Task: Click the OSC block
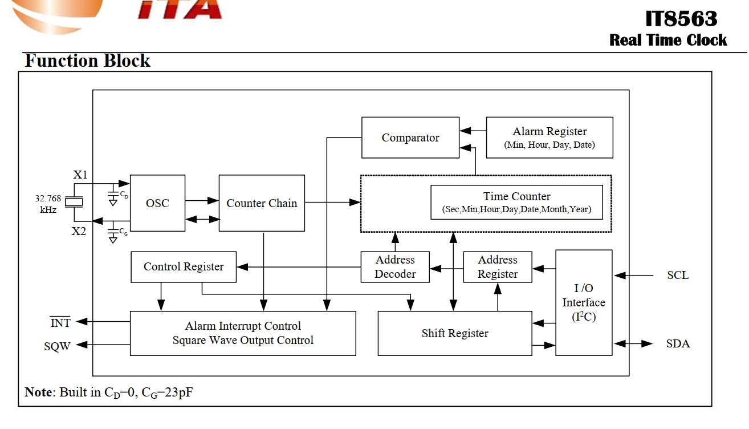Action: pyautogui.click(x=157, y=203)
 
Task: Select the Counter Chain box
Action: pyautogui.click(x=262, y=203)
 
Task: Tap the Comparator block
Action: pyautogui.click(x=410, y=137)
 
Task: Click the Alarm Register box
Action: pyautogui.click(x=549, y=137)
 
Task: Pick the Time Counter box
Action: pyautogui.click(x=516, y=202)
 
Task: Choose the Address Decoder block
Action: pyautogui.click(x=395, y=267)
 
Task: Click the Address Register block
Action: pyautogui.click(x=498, y=267)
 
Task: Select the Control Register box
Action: pyautogui.click(x=184, y=267)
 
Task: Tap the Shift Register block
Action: pyautogui.click(x=455, y=333)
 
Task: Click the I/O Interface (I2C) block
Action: pyautogui.click(x=584, y=302)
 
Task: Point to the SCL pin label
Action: pyautogui.click(x=678, y=276)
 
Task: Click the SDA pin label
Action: pyautogui.click(x=678, y=344)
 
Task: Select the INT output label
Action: pyautogui.click(x=60, y=323)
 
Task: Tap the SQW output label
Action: pyautogui.click(x=58, y=346)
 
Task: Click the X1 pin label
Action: pyautogui.click(x=80, y=175)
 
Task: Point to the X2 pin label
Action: pyautogui.click(x=79, y=231)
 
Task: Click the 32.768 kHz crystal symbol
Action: pyautogui.click(x=74, y=202)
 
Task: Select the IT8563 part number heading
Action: pyautogui.click(x=681, y=19)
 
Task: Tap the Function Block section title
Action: pyautogui.click(x=87, y=61)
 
